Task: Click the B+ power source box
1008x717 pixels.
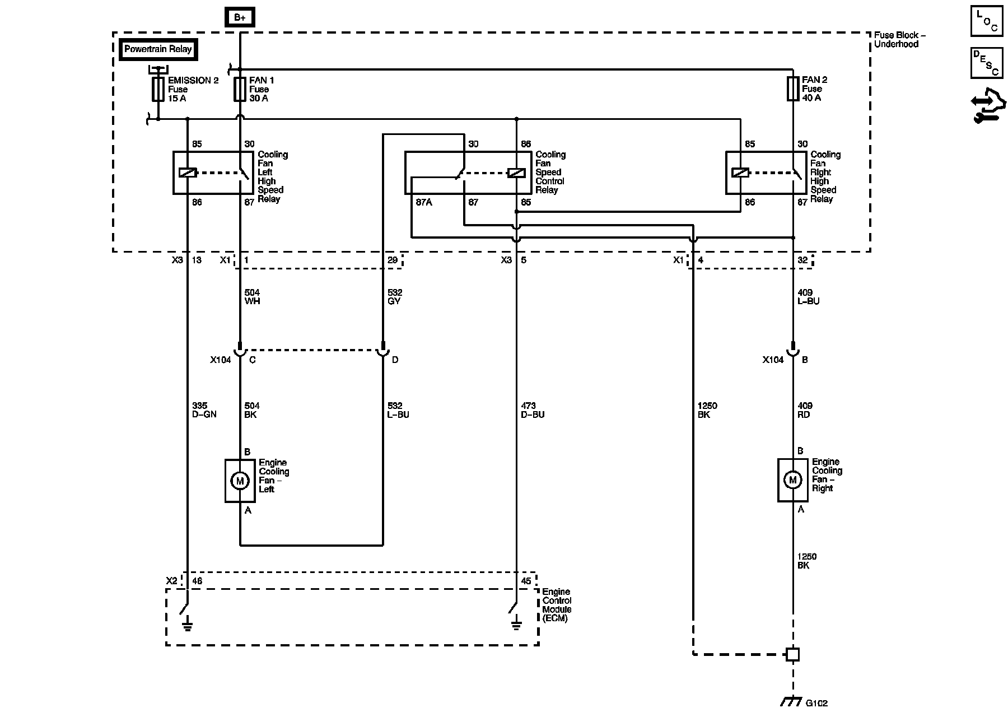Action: point(240,17)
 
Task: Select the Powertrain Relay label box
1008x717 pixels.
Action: point(158,49)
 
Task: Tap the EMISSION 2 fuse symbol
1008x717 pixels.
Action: point(158,89)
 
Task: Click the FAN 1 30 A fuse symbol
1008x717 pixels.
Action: point(240,89)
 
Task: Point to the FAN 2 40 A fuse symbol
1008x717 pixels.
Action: point(792,89)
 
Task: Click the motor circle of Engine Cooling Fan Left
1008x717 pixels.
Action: point(240,481)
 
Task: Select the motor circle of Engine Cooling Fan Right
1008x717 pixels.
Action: point(792,480)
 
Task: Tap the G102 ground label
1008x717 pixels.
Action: point(816,703)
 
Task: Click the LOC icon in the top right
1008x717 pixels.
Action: point(987,21)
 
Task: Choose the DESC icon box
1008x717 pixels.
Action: point(987,62)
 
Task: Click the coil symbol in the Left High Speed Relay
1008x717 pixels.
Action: point(188,173)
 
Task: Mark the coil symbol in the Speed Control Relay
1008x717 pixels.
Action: point(516,173)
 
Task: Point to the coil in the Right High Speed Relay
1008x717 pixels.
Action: point(740,173)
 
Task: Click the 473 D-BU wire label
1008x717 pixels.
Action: point(532,410)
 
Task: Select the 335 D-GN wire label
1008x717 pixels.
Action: point(204,410)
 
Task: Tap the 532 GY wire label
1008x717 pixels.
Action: point(395,297)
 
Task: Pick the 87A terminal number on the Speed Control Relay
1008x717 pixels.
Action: point(424,202)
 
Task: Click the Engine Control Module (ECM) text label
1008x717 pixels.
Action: point(557,605)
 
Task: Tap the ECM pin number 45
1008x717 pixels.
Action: point(525,581)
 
